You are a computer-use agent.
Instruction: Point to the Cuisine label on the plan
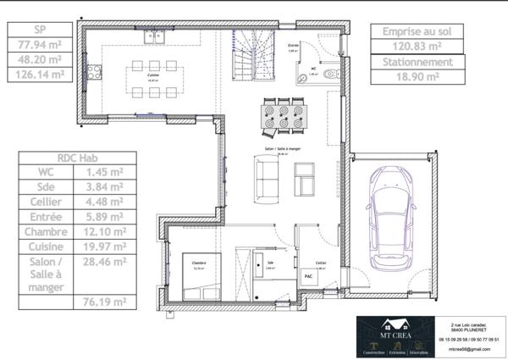(x=153, y=75)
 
